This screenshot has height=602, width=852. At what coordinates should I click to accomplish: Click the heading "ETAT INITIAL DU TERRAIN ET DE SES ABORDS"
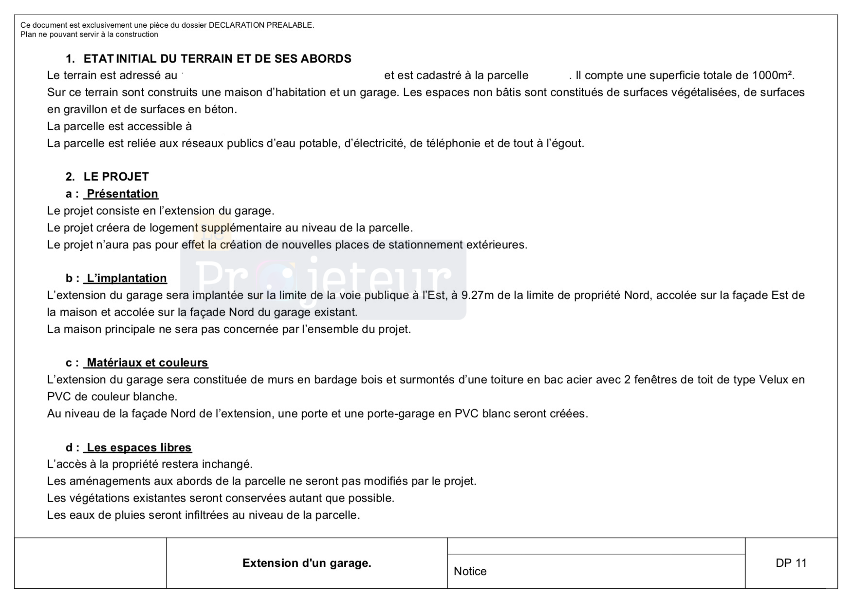tap(217, 59)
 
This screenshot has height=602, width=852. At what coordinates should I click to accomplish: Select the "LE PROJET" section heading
tap(116, 177)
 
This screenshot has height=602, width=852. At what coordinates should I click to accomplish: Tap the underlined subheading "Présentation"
tap(122, 194)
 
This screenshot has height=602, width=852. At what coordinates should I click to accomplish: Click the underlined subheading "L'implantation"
tap(126, 278)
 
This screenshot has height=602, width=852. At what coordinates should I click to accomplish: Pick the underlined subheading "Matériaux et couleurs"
tap(147, 363)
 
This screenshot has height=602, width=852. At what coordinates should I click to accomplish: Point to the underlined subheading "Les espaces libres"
tap(139, 447)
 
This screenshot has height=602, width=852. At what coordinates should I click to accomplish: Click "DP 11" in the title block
tap(791, 563)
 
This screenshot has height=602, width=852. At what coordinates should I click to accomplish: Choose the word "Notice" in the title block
tap(470, 571)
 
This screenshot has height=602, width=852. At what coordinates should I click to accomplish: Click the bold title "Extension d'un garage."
tap(307, 563)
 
